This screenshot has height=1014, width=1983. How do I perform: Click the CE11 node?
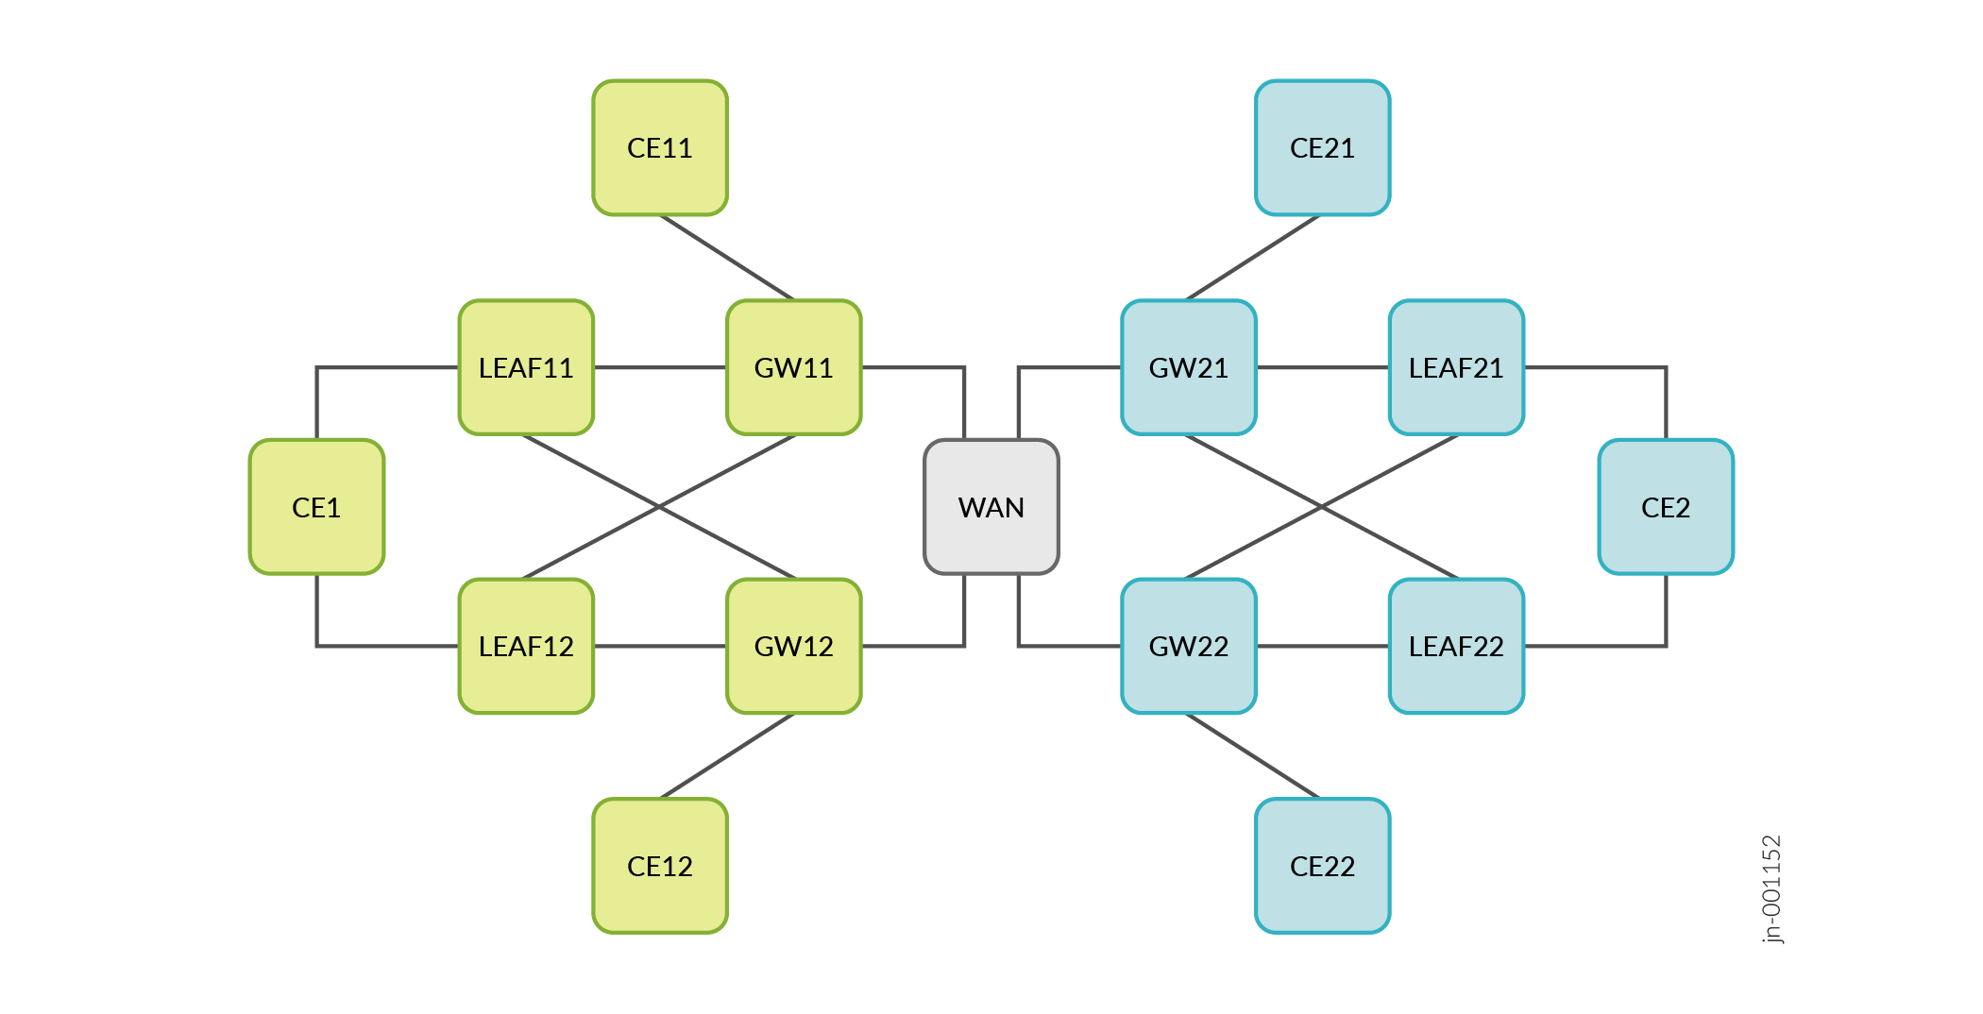click(x=660, y=148)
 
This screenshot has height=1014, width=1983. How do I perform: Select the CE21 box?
click(x=1322, y=148)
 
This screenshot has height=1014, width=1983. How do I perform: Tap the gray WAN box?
click(x=991, y=507)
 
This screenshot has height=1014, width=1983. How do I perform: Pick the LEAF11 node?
click(x=526, y=367)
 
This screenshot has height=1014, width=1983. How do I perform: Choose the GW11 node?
click(x=793, y=367)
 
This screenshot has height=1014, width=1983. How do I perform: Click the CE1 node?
click(x=316, y=507)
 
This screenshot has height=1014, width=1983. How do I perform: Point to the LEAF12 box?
click(x=526, y=646)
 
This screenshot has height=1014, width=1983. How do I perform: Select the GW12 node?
click(x=793, y=646)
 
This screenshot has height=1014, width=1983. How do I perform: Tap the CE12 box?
click(x=660, y=866)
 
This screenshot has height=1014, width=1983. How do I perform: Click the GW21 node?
click(x=1189, y=367)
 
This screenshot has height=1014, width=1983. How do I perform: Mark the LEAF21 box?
click(x=1456, y=367)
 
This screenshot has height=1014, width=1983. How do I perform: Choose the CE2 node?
click(x=1666, y=507)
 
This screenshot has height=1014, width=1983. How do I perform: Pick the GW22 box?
click(x=1189, y=646)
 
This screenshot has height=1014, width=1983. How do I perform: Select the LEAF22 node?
click(x=1456, y=646)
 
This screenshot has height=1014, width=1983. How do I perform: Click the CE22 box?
click(x=1322, y=866)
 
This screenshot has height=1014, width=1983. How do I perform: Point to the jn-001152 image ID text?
click(x=1771, y=888)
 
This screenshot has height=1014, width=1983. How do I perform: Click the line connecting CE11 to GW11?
click(x=727, y=258)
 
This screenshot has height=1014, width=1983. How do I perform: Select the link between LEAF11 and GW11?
click(x=660, y=367)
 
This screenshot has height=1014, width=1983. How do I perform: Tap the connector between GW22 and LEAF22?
click(x=1322, y=646)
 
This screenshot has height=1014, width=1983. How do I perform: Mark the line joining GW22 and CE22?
click(x=1253, y=755)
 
